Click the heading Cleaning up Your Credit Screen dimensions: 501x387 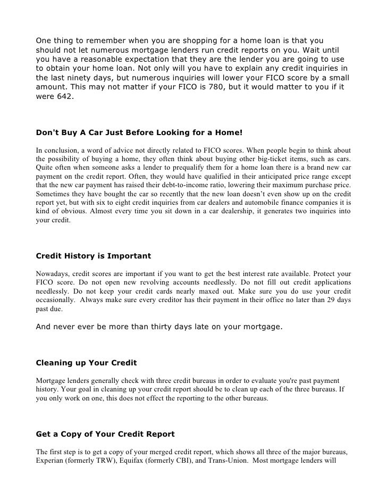pos(86,363)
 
